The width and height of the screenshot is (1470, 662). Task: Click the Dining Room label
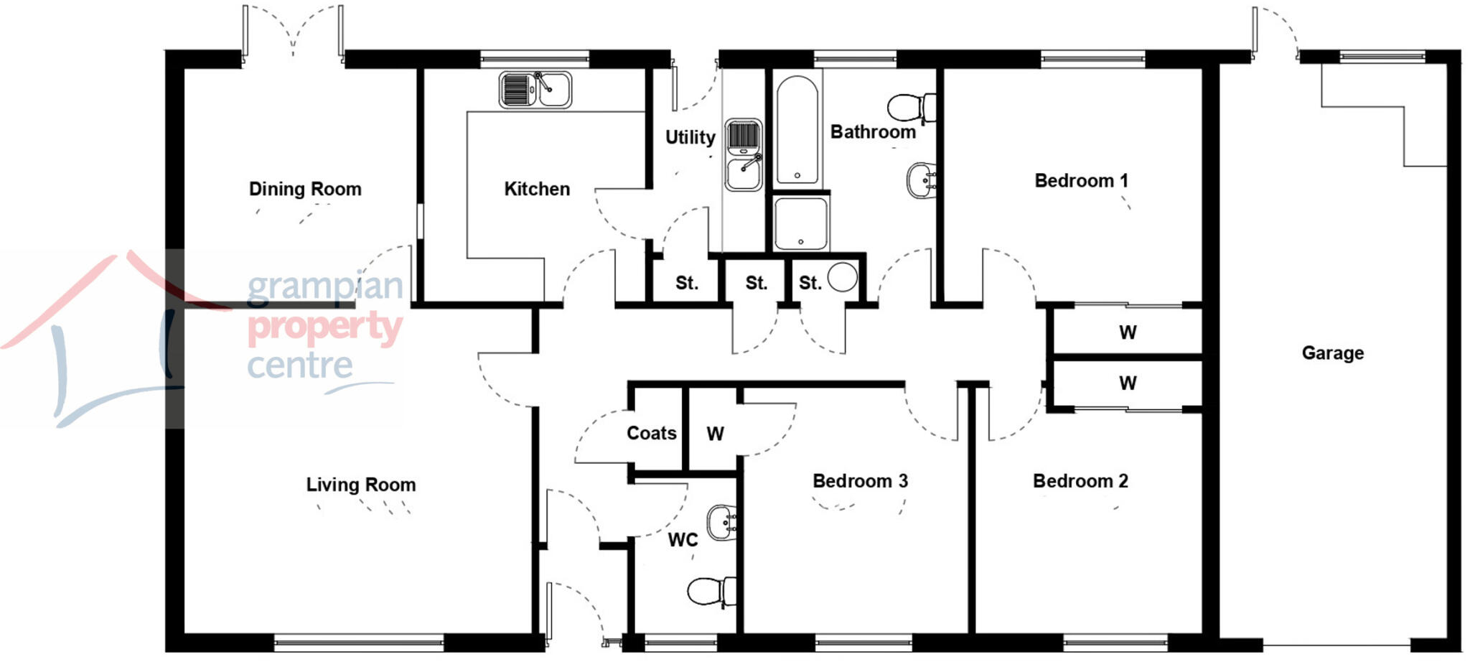[305, 189]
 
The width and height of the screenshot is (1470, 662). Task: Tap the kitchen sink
[535, 90]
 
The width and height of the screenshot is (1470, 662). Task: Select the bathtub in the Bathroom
[797, 129]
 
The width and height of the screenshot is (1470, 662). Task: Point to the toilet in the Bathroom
[910, 108]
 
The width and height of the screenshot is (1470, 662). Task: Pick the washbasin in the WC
[722, 522]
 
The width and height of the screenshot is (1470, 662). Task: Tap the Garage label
[1332, 353]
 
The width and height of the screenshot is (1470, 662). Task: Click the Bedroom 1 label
[1081, 180]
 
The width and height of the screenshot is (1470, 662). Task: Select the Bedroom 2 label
[1080, 480]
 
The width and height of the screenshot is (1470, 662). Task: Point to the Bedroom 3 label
[860, 480]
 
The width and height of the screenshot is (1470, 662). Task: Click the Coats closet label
[651, 433]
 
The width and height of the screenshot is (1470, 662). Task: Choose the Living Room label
[361, 485]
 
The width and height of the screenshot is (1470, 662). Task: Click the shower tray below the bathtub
[800, 223]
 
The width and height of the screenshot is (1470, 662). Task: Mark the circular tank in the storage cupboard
[842, 277]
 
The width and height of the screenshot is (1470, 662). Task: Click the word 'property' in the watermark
[324, 327]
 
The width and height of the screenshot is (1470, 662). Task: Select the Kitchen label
[537, 189]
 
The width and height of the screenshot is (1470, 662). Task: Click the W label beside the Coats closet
[715, 434]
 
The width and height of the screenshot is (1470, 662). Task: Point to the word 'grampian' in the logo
[324, 287]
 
